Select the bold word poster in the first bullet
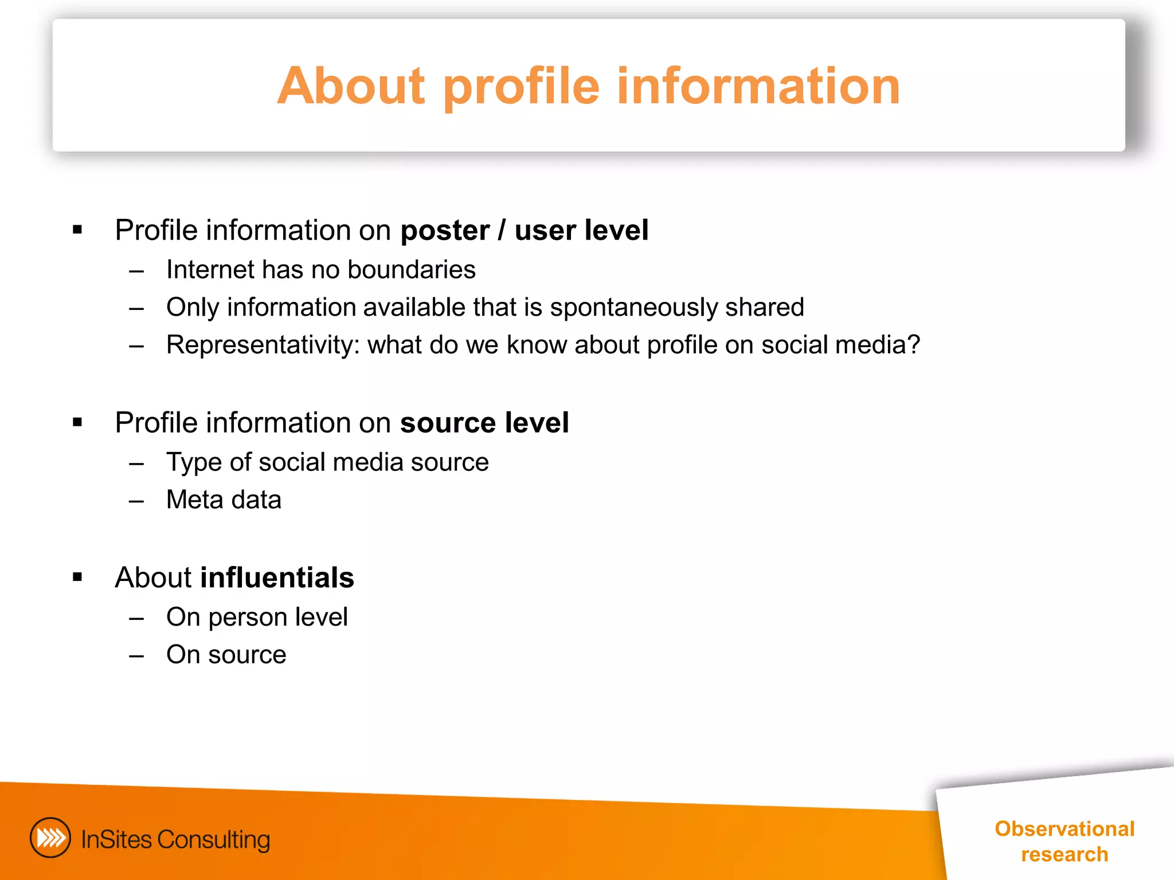444,231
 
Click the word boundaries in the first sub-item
411,270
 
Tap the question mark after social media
914,345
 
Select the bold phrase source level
484,423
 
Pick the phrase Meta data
224,500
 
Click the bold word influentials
277,577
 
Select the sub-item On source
226,655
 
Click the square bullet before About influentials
77,577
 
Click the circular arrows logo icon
50,838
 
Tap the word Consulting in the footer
213,840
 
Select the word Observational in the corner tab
1064,829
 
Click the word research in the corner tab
1064,854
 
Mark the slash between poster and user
502,230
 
